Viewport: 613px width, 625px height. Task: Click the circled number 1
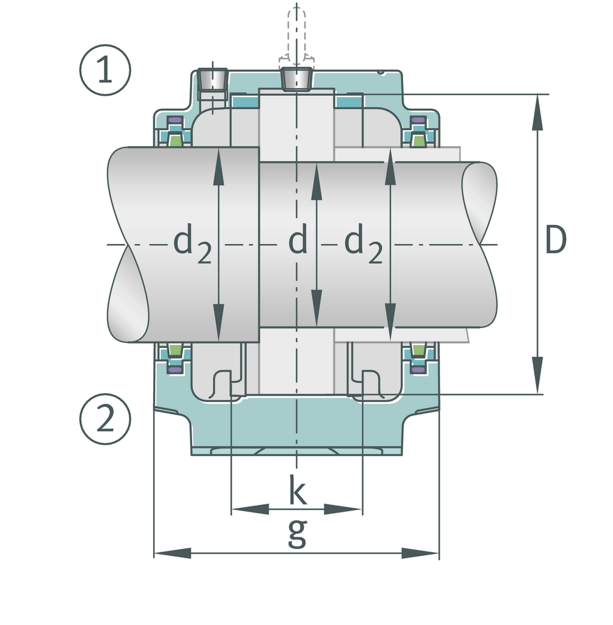[105, 71]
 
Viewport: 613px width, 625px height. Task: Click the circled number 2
[105, 420]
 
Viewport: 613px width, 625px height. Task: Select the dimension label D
[555, 241]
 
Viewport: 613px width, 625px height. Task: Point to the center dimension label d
[298, 241]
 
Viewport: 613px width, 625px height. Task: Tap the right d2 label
[364, 244]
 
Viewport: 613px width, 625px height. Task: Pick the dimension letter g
[297, 533]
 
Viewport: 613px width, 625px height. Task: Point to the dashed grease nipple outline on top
[296, 31]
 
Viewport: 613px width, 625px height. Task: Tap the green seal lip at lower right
[418, 349]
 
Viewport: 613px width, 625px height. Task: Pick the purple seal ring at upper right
[417, 121]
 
